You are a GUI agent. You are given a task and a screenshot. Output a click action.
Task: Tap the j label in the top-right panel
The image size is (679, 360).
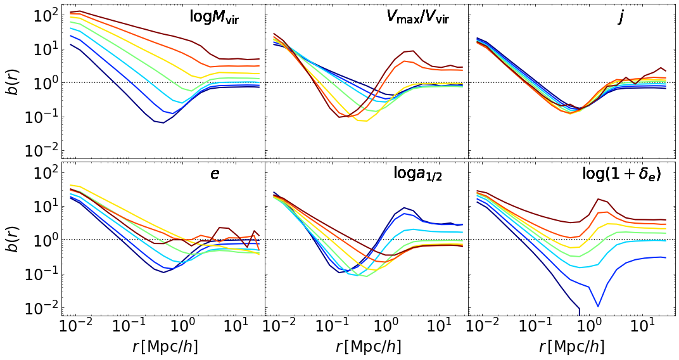click(621, 17)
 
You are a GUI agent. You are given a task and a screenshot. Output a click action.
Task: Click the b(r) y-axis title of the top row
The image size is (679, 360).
click(13, 82)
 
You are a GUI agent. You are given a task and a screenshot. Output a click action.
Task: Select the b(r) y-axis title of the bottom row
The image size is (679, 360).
click(13, 240)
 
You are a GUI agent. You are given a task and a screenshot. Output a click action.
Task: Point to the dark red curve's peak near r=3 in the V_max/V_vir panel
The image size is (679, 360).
click(413, 51)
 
